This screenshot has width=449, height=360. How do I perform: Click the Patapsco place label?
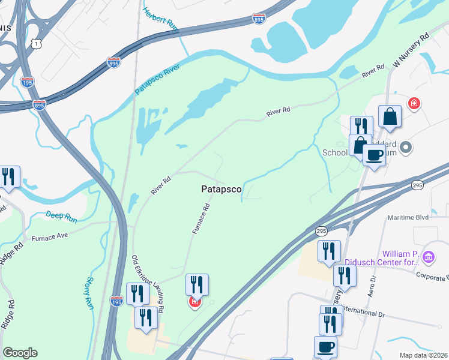[x=221, y=189]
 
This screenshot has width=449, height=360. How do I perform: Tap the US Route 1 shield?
[x=38, y=44]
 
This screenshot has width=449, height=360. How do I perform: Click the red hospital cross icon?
[x=414, y=104]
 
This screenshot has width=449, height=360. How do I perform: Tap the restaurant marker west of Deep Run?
[x=8, y=177]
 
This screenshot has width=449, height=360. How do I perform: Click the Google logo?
[x=20, y=353]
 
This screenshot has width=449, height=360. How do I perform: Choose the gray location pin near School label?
[x=406, y=147]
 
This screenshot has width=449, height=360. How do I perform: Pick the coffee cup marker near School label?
[x=375, y=155]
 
